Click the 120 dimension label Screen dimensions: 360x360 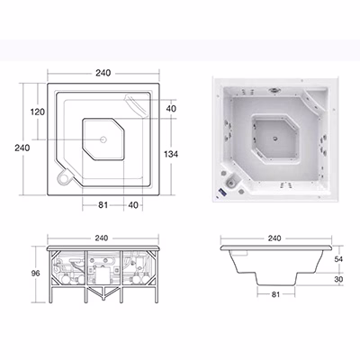[38, 112]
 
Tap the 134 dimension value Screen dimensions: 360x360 [171, 154]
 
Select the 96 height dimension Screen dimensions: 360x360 [36, 274]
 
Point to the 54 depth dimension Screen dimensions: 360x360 [338, 259]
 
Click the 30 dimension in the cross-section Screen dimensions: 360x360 [338, 279]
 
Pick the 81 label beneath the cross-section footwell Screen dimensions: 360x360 [275, 294]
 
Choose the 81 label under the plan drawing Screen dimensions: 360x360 [103, 205]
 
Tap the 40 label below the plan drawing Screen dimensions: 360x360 [133, 205]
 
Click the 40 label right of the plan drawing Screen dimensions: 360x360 [171, 109]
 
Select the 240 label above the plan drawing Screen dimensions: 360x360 [103, 73]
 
